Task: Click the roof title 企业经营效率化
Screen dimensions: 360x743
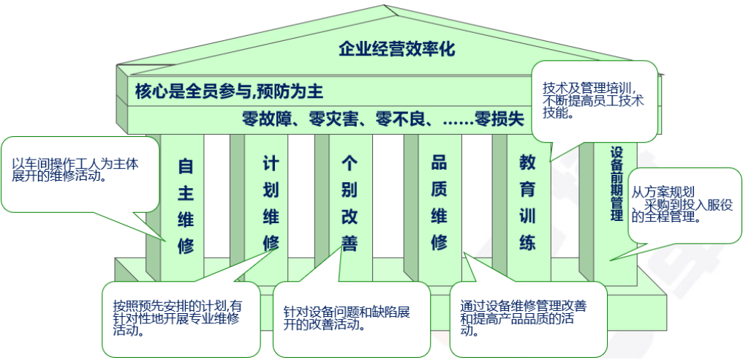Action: pos(396,50)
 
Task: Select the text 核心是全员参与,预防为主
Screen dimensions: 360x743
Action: pos(229,91)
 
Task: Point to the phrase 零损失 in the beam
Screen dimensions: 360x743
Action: pos(499,119)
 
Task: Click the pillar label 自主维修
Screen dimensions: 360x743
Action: pos(186,206)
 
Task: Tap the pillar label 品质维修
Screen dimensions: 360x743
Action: pos(439,202)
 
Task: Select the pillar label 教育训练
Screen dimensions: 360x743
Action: pos(527,202)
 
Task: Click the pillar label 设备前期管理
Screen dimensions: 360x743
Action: pos(616,183)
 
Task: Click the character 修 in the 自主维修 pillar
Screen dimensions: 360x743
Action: pos(186,246)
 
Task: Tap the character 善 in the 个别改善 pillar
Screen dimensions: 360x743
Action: pos(349,242)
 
